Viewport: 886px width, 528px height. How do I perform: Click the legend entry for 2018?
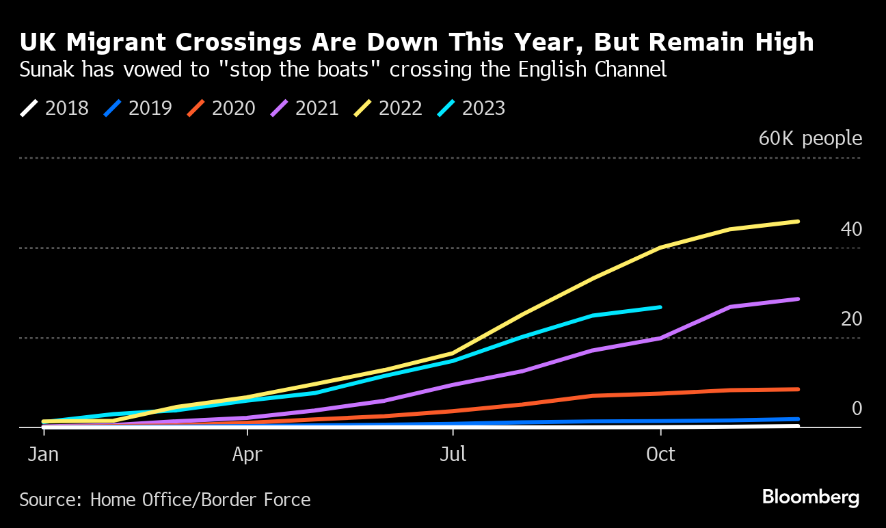click(55, 108)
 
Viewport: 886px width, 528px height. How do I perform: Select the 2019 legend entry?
click(138, 108)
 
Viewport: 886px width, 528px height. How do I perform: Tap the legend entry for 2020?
click(221, 108)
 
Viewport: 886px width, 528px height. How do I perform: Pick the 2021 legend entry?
click(305, 108)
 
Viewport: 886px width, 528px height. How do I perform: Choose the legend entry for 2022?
click(388, 108)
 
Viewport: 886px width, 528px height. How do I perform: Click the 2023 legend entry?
click(472, 108)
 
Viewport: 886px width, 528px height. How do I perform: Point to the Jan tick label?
click(42, 454)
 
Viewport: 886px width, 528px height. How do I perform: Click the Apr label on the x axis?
click(247, 454)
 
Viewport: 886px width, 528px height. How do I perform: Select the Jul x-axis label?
click(453, 454)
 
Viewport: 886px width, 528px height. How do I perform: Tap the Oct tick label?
click(660, 454)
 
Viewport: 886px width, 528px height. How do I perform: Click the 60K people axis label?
click(810, 139)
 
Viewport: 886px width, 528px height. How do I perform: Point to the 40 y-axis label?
click(851, 229)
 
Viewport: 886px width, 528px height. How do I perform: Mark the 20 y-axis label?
click(851, 319)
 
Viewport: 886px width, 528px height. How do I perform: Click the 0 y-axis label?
click(857, 408)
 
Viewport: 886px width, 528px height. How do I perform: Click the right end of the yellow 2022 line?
click(798, 222)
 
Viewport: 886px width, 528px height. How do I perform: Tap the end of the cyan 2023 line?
click(660, 307)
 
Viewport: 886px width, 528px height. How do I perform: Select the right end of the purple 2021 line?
click(798, 299)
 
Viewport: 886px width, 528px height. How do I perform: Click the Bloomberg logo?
click(811, 497)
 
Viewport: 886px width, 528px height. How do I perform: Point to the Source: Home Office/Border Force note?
click(165, 500)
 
